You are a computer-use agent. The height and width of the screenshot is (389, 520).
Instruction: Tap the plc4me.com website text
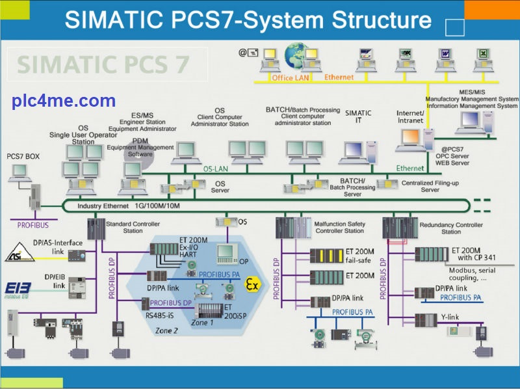click(x=64, y=101)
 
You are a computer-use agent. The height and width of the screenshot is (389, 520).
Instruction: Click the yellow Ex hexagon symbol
click(x=252, y=284)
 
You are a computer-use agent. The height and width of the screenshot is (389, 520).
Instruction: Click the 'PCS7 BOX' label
click(x=23, y=156)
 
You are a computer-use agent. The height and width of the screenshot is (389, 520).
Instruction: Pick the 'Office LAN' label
click(x=292, y=78)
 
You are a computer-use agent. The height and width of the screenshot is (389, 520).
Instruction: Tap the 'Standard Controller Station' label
click(x=133, y=227)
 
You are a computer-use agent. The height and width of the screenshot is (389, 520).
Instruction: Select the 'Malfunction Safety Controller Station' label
click(x=339, y=227)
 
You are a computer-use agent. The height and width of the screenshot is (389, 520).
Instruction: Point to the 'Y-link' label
click(x=450, y=318)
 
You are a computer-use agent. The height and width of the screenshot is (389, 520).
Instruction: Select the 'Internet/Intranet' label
click(x=410, y=116)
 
